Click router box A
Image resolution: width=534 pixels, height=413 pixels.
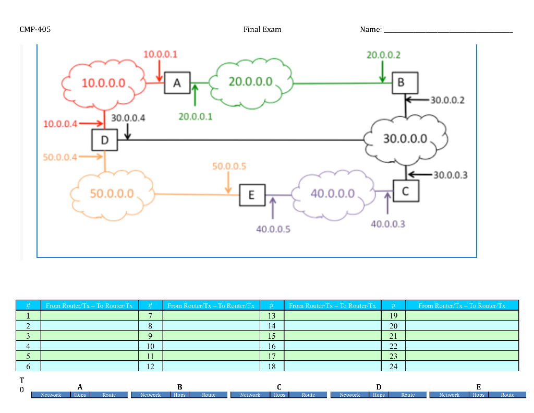177,82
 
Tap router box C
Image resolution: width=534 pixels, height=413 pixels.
405,192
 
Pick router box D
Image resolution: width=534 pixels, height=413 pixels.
104,140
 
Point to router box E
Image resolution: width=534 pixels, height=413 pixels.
252,195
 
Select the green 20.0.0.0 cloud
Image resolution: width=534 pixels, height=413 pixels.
251,82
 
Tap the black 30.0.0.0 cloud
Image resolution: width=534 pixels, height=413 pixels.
405,139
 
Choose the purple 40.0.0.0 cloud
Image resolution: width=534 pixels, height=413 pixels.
333,194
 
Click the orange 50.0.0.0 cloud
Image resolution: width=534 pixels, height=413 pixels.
112,194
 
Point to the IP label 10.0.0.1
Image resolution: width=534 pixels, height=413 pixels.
160,54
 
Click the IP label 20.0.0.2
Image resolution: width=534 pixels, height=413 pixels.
383,55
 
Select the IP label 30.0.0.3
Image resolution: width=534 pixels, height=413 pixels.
450,175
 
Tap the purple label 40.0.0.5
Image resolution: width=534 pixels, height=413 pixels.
273,229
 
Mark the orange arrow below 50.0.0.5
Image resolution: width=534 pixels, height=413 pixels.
228,183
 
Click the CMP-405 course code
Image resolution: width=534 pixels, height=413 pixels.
35,30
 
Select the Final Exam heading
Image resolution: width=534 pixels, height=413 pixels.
262,30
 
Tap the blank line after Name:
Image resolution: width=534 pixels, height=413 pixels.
448,31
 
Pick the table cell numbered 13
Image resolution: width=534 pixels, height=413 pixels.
272,315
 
